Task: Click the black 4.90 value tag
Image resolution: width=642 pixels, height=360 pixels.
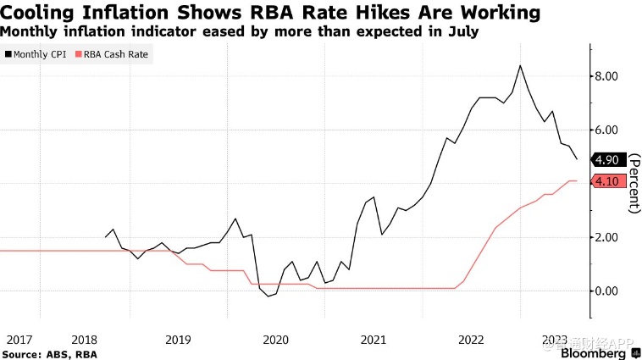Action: (610, 159)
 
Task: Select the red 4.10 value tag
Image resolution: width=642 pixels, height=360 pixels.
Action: (610, 180)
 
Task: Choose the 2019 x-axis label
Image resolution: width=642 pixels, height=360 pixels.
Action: (178, 340)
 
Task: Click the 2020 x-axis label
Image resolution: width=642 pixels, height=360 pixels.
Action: (276, 340)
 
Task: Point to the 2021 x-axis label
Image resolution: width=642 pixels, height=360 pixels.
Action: (374, 340)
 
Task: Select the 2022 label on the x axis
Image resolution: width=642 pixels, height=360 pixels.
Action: (471, 340)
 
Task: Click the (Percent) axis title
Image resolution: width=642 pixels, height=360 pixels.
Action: (634, 180)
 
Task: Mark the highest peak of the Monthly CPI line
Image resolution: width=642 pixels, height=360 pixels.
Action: (520, 65)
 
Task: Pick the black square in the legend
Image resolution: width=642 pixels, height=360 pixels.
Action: (8, 54)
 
